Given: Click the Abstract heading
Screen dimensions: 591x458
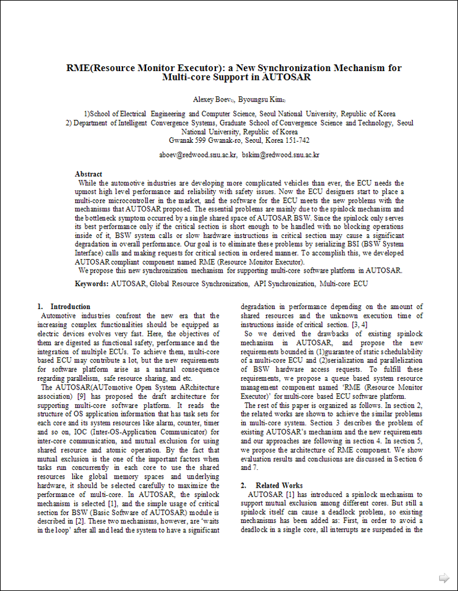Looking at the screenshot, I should click(89, 174).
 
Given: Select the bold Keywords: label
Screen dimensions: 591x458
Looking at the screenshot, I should click(92, 284).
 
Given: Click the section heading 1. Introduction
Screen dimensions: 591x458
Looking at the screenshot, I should click(64, 307).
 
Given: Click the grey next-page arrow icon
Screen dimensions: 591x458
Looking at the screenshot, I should click(444, 578).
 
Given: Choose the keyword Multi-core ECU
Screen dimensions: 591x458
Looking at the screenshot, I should click(343, 284).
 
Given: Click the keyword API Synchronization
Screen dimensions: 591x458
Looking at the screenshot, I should click(284, 284).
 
